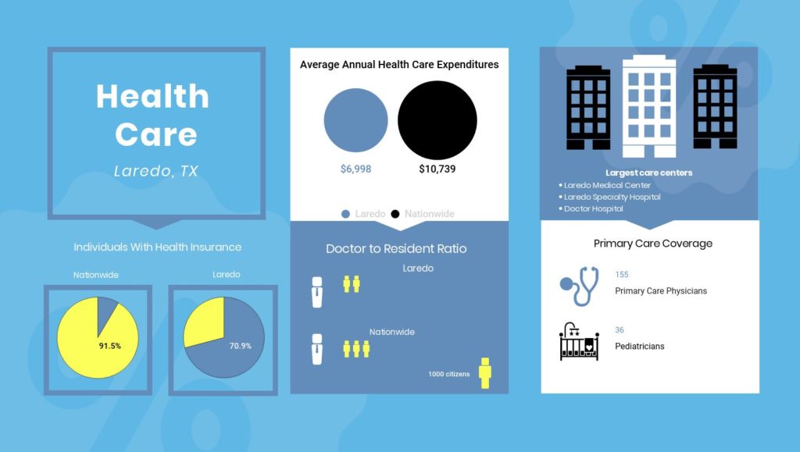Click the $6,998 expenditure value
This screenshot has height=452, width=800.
[x=355, y=169]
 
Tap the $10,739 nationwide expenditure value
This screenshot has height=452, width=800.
[x=437, y=169]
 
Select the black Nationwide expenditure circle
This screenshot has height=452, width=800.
[x=437, y=120]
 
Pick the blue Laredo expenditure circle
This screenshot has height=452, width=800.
[x=355, y=120]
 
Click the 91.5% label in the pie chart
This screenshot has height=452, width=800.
[x=109, y=346]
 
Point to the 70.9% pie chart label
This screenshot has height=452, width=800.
[x=241, y=346]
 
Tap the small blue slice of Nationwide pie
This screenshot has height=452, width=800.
[x=105, y=311]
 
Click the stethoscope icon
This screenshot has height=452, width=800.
[x=580, y=286]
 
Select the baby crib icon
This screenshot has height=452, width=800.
[x=579, y=341]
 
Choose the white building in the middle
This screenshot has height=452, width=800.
[x=649, y=106]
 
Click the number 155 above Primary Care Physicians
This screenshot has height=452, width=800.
[x=621, y=275]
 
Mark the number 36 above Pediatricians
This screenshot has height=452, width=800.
[x=620, y=330]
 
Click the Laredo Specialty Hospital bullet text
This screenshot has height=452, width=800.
[x=612, y=198]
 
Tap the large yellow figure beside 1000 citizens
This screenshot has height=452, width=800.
[x=484, y=373]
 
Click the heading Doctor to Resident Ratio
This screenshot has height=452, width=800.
[x=396, y=249]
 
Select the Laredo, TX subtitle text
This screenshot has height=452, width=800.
[x=156, y=171]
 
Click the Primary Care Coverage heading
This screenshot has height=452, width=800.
[x=653, y=244]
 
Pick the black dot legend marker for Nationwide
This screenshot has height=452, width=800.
[x=395, y=214]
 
